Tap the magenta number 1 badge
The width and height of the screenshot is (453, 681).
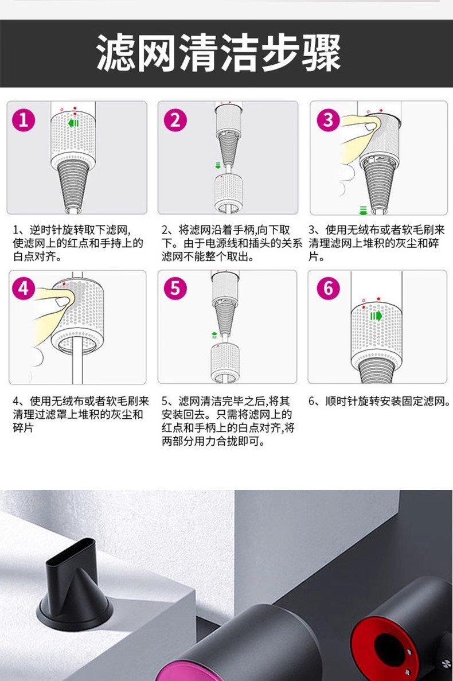pos(24,120)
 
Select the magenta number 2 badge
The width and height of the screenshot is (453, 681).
pos(175,120)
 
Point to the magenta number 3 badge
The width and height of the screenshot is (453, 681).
pos(328,120)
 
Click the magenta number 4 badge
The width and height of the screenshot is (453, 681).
pos(24,289)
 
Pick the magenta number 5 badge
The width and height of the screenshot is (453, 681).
pos(175,289)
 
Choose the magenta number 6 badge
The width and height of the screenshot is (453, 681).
pos(328,289)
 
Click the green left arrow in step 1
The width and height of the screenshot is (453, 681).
pos(73,123)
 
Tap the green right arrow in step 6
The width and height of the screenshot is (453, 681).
pos(376,316)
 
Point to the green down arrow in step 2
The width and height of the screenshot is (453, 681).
pos(218,165)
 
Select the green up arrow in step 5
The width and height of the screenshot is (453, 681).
pos(214,335)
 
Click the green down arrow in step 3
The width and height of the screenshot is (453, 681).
pos(364,211)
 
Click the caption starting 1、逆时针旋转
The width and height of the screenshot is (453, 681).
pos(78,243)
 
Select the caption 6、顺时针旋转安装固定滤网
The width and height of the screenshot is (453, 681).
pos(380,401)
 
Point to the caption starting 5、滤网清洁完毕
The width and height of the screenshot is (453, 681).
pos(228,421)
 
